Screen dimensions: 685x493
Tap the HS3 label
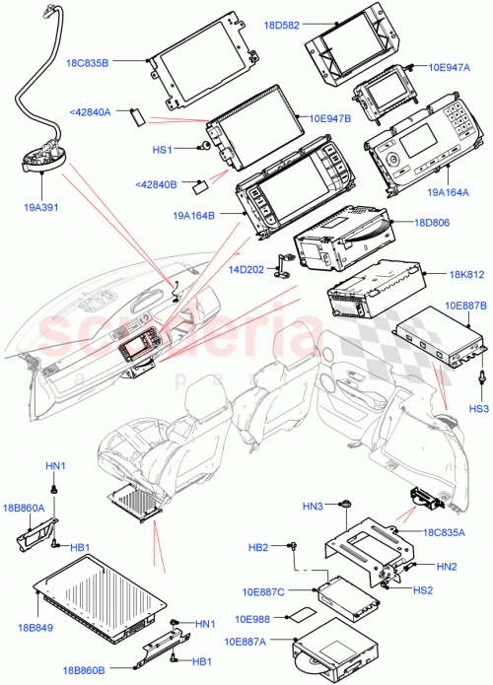pos(478,408)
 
